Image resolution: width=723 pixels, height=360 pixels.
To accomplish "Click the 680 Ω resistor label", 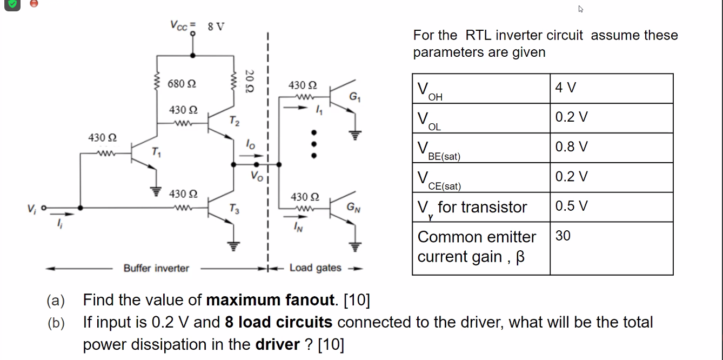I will click(x=182, y=84).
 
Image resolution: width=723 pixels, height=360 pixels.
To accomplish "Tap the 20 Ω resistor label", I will click(x=249, y=81).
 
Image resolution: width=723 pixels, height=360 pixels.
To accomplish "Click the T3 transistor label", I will click(x=233, y=208).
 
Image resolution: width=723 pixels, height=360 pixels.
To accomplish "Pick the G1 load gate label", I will click(x=354, y=98).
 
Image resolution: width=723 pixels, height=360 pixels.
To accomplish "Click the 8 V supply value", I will click(x=216, y=26).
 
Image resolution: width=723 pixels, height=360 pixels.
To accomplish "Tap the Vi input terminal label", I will click(x=32, y=207).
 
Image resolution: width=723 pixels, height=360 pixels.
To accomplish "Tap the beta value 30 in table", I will click(x=563, y=236).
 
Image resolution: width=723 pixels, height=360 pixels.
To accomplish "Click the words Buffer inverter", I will click(x=156, y=268).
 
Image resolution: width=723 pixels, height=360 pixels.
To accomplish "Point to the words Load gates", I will click(x=315, y=268).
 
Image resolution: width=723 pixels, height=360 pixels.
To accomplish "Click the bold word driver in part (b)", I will click(x=277, y=344).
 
